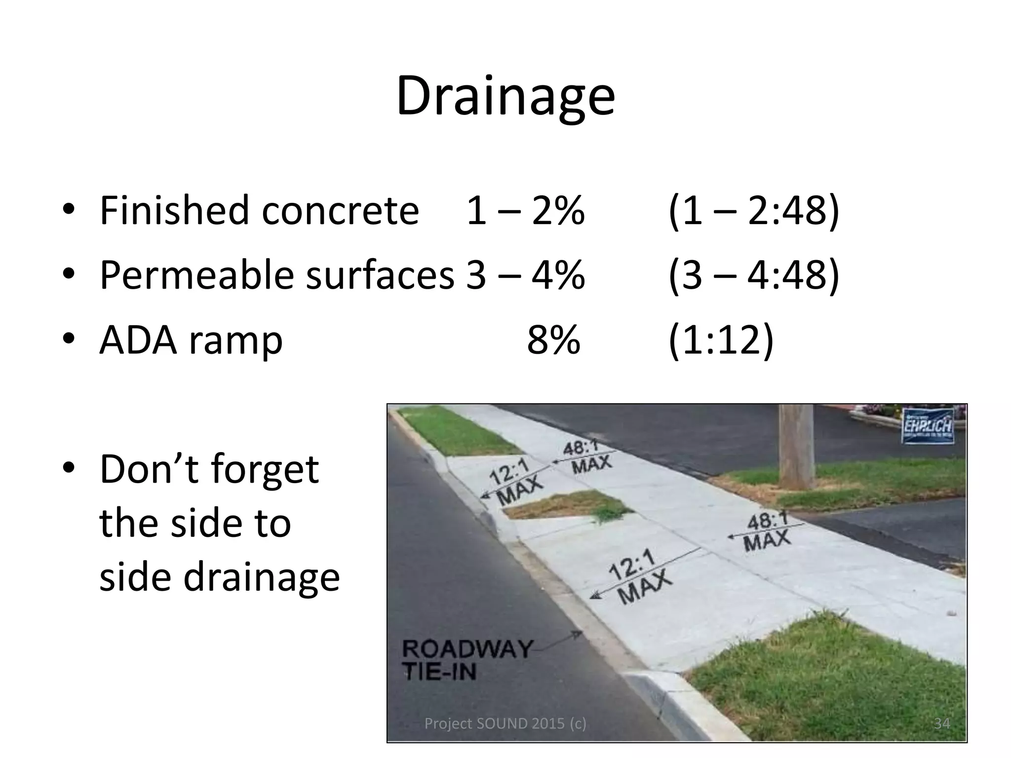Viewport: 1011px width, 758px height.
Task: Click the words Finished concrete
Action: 259,211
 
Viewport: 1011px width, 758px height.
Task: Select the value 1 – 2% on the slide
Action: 525,211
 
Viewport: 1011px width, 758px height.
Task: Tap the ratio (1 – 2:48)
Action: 753,211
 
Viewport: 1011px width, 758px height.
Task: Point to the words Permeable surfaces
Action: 276,275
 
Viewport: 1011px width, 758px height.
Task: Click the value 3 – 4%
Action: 525,275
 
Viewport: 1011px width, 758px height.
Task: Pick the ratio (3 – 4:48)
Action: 753,275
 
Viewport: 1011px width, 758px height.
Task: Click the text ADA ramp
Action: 191,341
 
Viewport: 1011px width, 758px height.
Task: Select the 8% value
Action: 553,341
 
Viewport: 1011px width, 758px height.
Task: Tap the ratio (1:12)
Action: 721,341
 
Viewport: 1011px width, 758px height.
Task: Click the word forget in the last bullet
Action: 265,470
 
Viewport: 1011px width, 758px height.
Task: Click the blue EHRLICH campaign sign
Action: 928,426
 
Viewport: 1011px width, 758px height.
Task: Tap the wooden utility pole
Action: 795,444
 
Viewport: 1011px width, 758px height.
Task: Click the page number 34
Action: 942,723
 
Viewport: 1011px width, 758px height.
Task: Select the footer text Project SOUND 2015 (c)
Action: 505,723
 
